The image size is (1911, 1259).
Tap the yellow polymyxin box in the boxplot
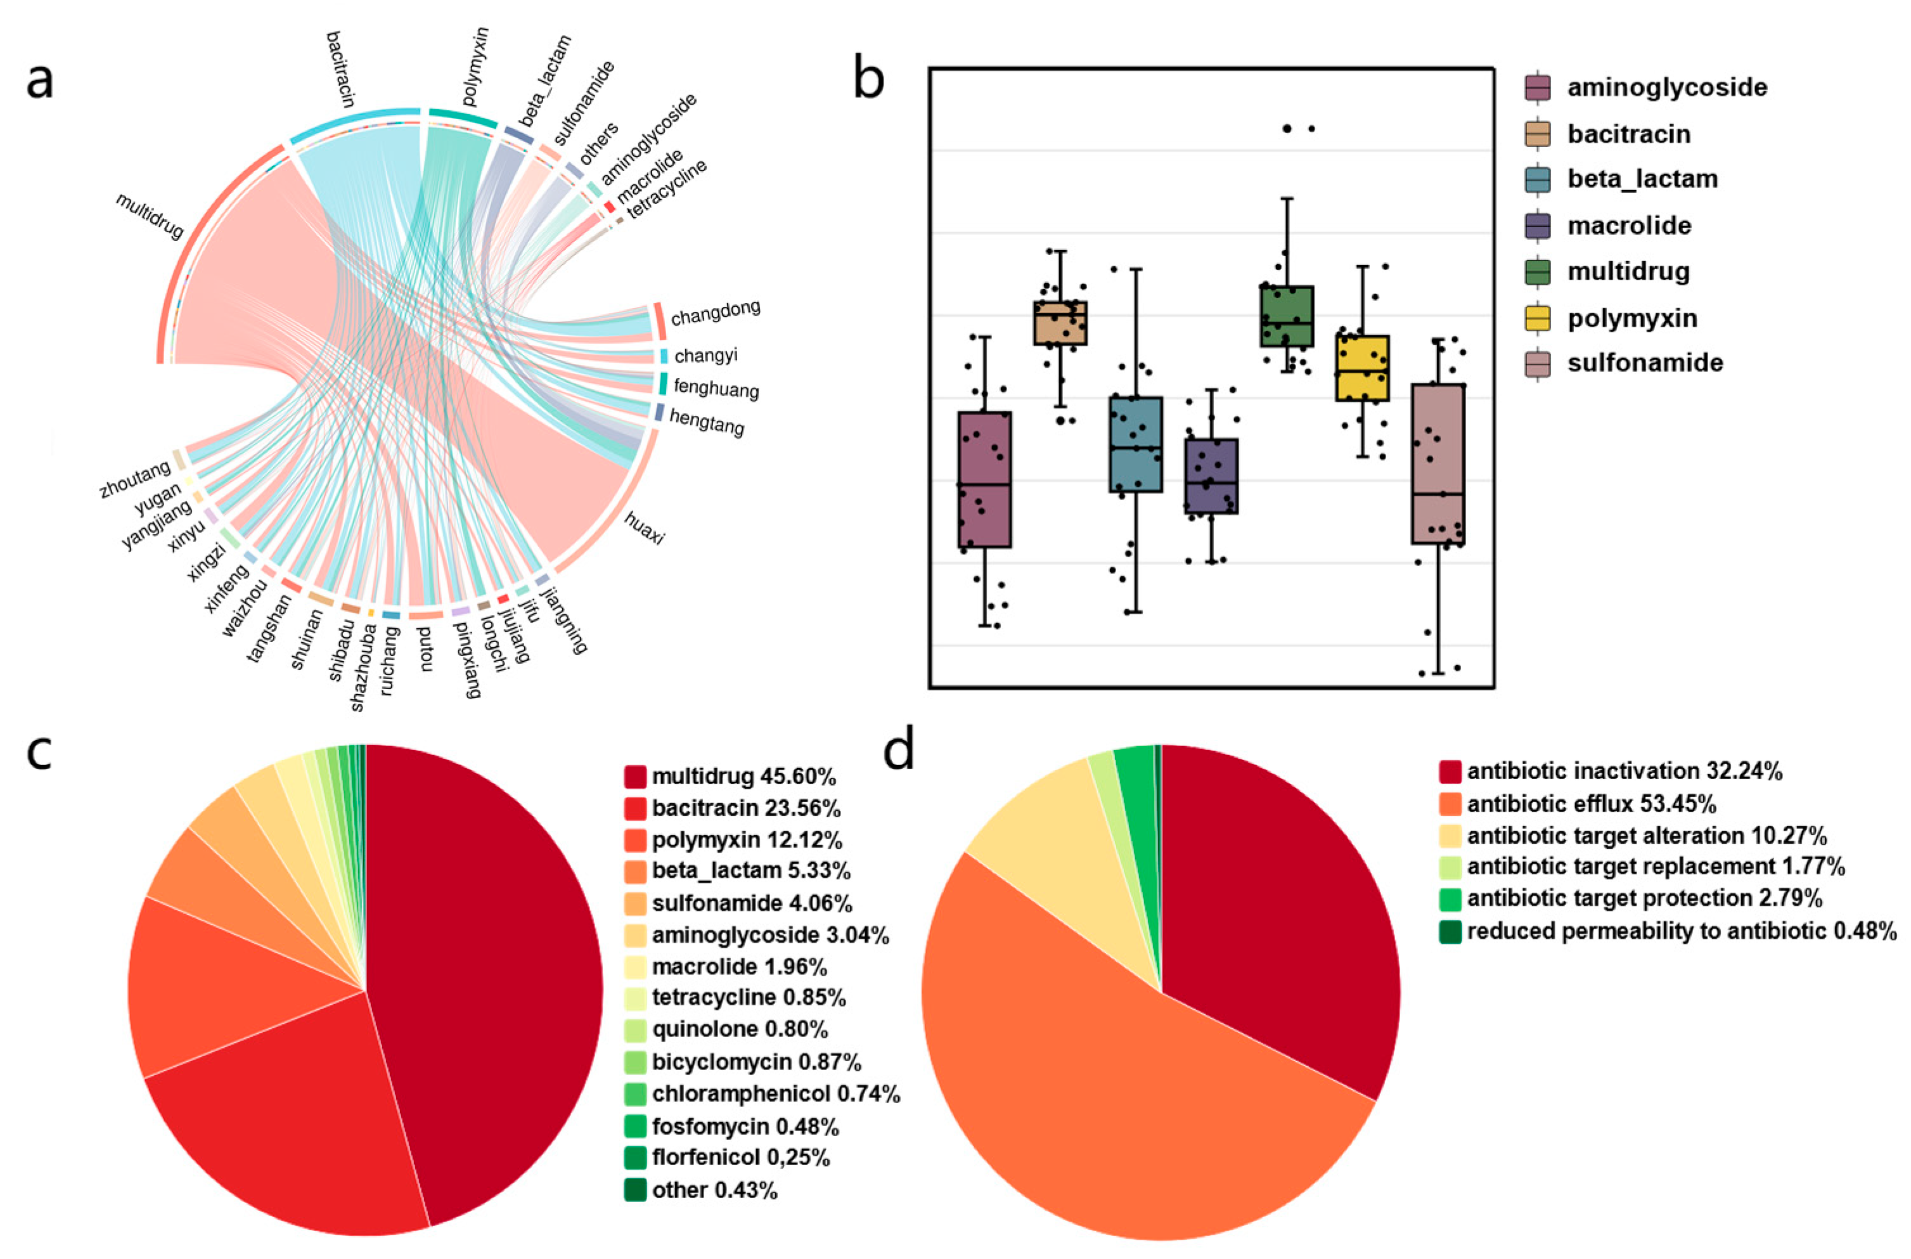[x=1363, y=368]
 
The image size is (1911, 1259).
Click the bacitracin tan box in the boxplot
[x=1060, y=323]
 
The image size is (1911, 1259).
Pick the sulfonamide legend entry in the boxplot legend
[x=1644, y=363]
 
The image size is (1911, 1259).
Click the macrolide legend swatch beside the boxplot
[x=1537, y=226]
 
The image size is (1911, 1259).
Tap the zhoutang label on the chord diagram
[x=135, y=479]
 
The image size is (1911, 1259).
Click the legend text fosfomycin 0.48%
[x=744, y=1127]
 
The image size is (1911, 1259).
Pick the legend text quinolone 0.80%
[x=738, y=1030]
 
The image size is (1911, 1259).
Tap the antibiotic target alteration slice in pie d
[x=1060, y=835]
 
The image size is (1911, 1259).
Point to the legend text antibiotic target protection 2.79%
[x=1644, y=898]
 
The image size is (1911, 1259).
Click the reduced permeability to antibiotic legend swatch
[x=1450, y=931]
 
